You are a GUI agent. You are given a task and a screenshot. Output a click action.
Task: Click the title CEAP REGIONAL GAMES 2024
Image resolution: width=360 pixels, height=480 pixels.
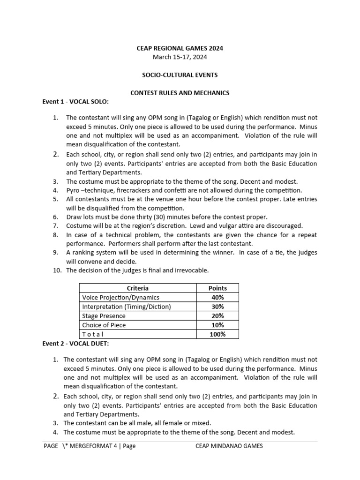(x=180, y=48)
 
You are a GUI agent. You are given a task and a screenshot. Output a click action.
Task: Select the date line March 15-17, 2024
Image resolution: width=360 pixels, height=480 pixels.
(x=180, y=57)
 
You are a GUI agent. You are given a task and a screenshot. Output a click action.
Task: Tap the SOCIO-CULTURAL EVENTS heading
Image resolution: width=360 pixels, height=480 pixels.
(x=180, y=75)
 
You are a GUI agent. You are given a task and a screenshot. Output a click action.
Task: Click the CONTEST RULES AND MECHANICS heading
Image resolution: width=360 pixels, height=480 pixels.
(x=180, y=93)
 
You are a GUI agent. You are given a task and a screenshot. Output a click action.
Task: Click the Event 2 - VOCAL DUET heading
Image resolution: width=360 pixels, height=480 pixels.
(x=75, y=344)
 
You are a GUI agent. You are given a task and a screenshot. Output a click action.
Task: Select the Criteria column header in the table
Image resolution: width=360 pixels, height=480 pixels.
(x=137, y=288)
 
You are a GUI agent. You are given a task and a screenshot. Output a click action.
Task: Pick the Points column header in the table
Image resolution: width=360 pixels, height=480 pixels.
(x=217, y=288)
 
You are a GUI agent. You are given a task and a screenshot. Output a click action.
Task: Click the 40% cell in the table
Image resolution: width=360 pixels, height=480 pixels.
(x=217, y=297)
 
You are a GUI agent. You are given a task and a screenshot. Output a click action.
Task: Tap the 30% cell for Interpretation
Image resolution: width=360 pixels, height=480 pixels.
(x=217, y=307)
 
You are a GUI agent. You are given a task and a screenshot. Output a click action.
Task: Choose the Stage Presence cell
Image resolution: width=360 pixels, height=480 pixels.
(x=104, y=316)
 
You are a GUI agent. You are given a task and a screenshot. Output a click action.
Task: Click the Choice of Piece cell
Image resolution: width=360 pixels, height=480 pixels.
(x=104, y=325)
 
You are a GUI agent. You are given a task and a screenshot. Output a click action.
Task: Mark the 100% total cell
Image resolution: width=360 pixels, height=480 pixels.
(x=217, y=334)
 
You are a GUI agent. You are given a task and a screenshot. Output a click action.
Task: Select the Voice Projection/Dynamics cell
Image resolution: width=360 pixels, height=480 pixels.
(x=121, y=297)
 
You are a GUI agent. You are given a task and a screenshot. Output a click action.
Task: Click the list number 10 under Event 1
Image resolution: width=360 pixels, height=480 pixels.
(x=56, y=270)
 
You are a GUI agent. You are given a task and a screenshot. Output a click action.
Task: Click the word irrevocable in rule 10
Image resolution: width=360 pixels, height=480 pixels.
(x=191, y=270)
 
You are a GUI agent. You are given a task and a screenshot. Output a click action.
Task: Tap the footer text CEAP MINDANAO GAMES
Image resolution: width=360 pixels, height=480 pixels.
(x=229, y=446)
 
